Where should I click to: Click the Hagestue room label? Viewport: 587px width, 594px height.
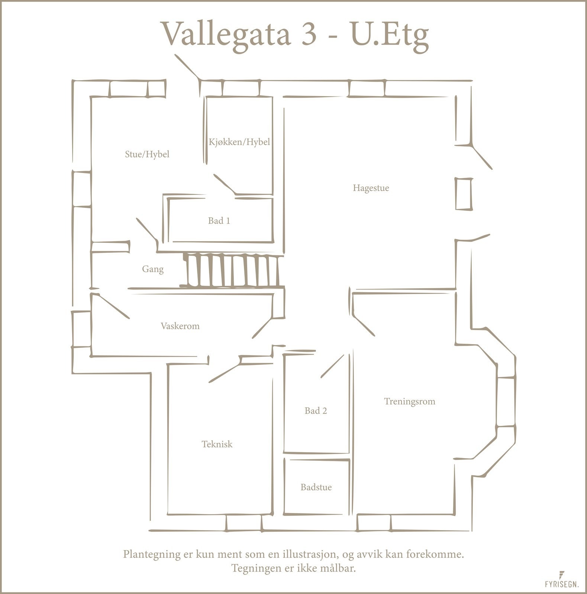371,188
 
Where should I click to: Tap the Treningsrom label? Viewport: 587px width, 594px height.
409,401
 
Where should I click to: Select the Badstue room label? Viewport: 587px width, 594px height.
316,487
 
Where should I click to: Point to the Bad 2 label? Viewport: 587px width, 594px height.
316,411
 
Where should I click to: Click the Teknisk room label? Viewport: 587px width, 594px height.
217,444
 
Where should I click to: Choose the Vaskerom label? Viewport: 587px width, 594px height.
180,326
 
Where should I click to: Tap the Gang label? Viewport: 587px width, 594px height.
152,269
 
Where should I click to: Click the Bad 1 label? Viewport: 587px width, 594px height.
219,221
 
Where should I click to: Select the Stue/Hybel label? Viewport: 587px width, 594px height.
147,154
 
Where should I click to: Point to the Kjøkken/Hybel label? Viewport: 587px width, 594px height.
239,142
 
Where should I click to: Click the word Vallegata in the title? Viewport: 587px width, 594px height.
226,34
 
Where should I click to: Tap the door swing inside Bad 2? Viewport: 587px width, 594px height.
333,366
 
